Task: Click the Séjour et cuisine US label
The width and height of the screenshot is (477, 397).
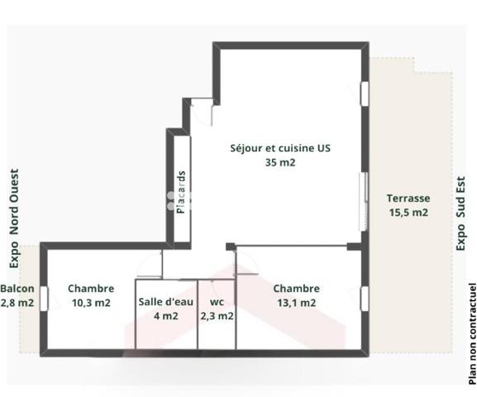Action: (280, 149)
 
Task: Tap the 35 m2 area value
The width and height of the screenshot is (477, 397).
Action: (280, 163)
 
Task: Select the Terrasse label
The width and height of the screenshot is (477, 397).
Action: (408, 198)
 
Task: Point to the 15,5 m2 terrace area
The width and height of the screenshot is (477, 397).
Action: (408, 213)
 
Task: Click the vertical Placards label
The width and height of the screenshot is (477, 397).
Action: (180, 192)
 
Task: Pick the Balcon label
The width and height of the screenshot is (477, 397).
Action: (17, 289)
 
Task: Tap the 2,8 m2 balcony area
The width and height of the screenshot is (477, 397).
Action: (17, 303)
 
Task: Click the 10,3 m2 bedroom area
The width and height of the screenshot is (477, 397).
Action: (90, 303)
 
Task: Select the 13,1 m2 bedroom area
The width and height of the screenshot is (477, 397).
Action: (296, 303)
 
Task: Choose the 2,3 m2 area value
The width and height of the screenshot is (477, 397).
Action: (217, 315)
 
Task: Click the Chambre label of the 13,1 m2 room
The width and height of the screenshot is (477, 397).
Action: (296, 289)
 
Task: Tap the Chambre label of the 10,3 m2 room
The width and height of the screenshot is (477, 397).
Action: (90, 289)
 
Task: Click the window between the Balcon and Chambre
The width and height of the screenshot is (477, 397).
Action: (44, 297)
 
